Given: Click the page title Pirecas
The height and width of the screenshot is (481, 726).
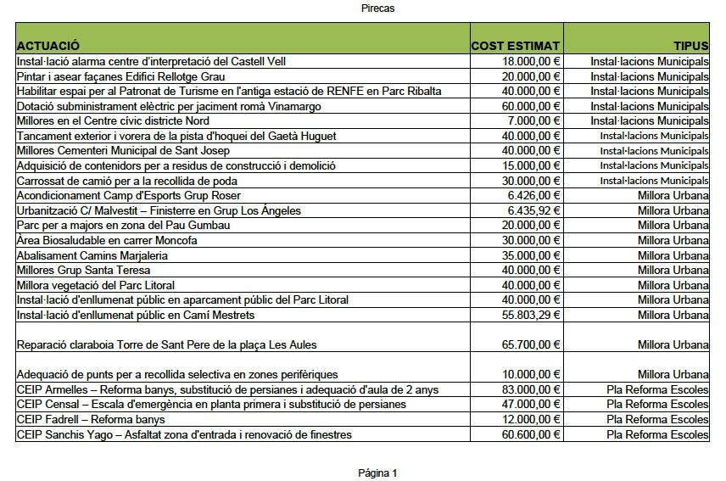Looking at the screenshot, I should [377, 8].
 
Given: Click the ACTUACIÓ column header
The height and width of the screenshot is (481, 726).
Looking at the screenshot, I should [48, 45].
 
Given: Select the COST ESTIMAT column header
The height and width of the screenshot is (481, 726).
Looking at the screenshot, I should [516, 45].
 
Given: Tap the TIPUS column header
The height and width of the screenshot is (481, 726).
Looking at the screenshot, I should [690, 45].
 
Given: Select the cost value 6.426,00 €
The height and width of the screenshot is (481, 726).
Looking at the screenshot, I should [534, 196].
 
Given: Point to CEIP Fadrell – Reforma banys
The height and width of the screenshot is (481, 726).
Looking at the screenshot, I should [91, 419].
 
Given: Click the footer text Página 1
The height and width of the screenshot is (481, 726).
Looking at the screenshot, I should [377, 473].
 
